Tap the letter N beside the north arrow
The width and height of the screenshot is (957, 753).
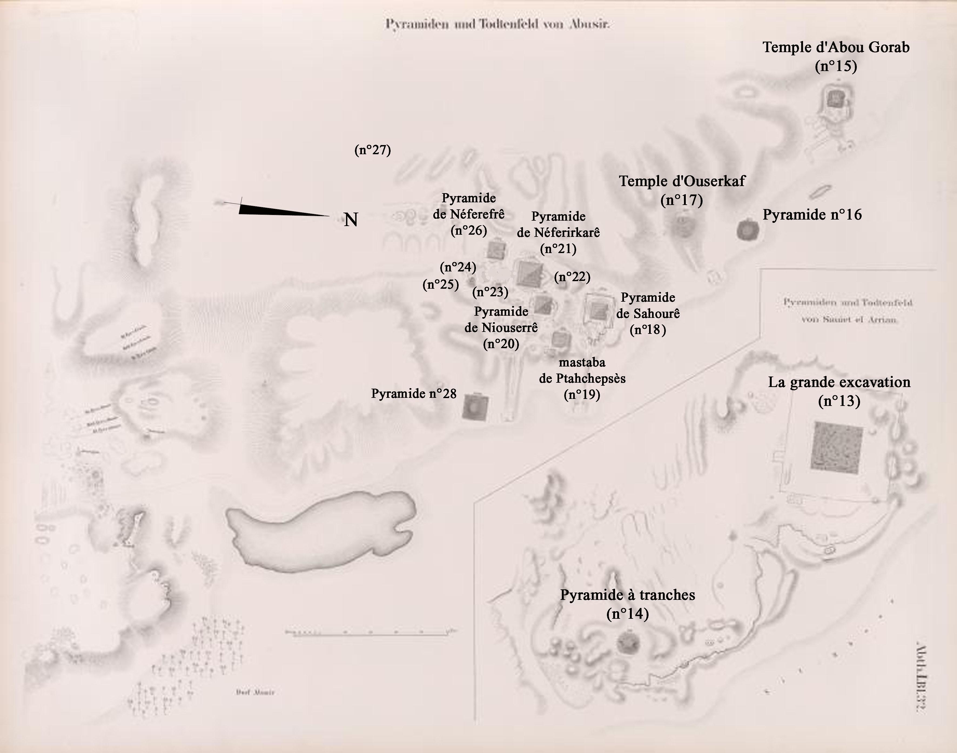tap(350, 220)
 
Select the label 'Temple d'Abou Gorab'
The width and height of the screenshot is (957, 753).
tap(836, 48)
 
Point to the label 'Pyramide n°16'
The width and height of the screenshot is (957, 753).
tap(812, 215)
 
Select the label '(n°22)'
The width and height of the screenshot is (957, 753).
tap(572, 277)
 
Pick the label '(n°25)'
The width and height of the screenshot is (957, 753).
tap(440, 284)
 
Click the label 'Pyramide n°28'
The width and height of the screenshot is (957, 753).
tap(414, 394)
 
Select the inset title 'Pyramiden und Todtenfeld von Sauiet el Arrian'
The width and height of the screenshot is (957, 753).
tap(848, 311)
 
